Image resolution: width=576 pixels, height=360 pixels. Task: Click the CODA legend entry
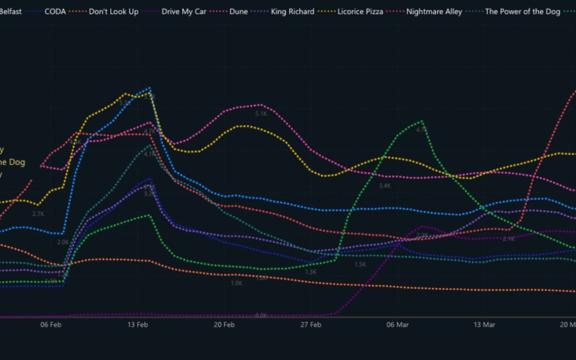pos(55,11)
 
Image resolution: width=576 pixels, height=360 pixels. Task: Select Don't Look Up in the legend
pos(114,11)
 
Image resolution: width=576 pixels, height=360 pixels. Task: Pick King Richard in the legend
pos(292,11)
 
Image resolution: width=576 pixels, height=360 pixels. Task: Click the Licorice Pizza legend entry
pos(361,11)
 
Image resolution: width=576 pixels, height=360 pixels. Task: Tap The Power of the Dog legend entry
pos(523,11)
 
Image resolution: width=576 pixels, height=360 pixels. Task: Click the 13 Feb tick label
pos(138,325)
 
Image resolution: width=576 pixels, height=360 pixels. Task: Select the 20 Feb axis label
pos(225,325)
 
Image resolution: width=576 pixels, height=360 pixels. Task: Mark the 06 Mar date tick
pos(398,325)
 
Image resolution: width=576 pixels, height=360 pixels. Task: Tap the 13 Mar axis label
pos(484,325)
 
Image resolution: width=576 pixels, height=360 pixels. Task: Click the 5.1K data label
pos(261,114)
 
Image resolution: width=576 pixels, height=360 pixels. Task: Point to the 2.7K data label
pos(38,214)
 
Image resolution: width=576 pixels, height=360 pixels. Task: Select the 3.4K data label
pos(385,186)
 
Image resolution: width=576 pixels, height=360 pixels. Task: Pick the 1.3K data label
pos(311,271)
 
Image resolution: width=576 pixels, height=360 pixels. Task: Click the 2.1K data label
pos(509,239)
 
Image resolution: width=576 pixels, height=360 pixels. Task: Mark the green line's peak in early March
pos(422,121)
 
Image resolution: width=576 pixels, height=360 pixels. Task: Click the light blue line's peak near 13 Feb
pos(150,88)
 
